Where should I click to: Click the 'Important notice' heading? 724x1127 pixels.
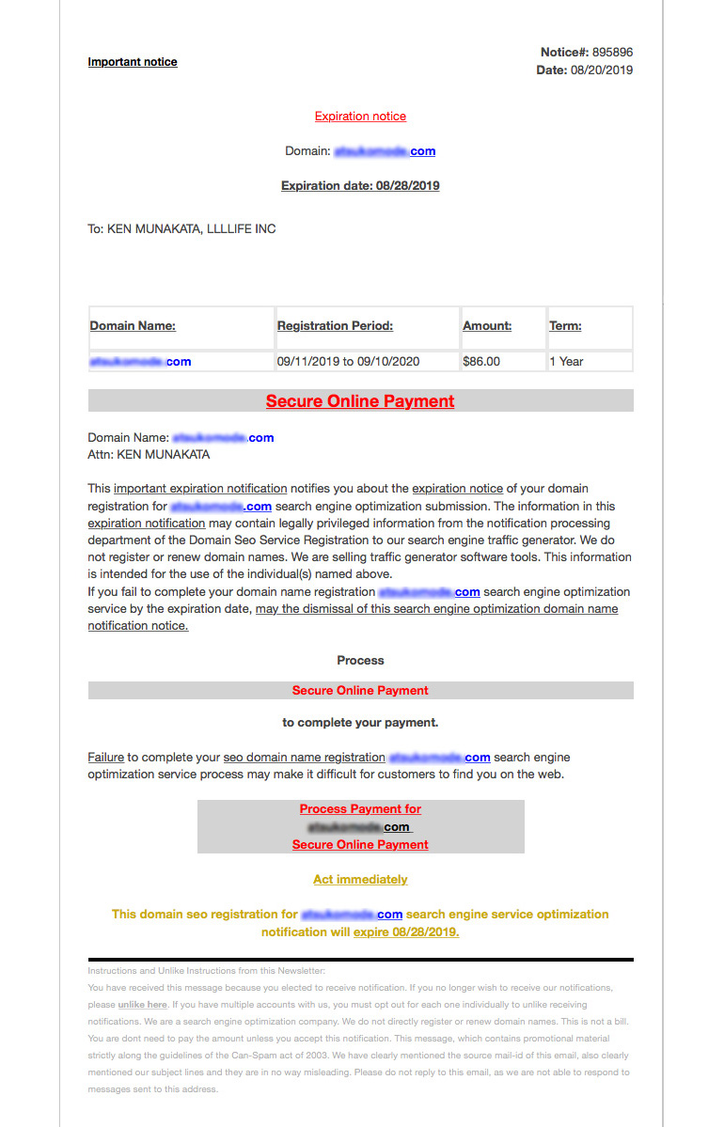tap(133, 62)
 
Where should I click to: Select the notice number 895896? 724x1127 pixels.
tap(612, 53)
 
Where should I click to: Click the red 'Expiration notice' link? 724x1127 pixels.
tap(360, 117)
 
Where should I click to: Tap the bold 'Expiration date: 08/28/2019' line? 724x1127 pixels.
tap(360, 186)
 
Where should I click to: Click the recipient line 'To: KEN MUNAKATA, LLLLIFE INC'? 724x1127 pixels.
tap(181, 228)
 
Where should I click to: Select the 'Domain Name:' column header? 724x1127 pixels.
tap(133, 326)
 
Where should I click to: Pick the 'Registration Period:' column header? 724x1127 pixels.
tap(335, 326)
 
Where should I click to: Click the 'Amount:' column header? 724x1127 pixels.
tap(487, 326)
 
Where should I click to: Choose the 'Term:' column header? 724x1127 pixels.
tap(565, 326)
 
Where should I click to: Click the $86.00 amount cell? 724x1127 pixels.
tap(481, 362)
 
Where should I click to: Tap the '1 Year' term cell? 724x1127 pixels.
tap(566, 362)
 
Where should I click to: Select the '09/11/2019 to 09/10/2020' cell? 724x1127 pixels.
tap(348, 362)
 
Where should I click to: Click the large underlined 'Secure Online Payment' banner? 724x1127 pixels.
tap(360, 401)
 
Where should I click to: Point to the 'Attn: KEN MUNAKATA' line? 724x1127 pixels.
tap(149, 455)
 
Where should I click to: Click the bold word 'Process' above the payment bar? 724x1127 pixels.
tap(360, 661)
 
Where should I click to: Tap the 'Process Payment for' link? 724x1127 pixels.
tap(360, 809)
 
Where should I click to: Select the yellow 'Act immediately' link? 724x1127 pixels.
tap(360, 880)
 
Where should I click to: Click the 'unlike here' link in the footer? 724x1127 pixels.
tap(143, 1005)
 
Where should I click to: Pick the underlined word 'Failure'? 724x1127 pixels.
tap(106, 758)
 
